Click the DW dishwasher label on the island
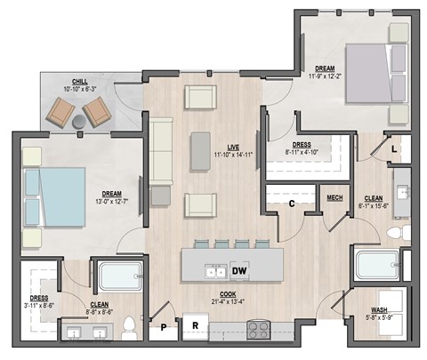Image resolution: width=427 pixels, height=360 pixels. [x=238, y=270]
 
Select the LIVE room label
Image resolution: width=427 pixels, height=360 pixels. [x=232, y=147]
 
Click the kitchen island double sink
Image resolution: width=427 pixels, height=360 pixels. [x=214, y=270]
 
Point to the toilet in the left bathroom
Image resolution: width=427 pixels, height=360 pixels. [x=128, y=323]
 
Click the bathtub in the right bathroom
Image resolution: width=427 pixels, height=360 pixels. [x=378, y=266]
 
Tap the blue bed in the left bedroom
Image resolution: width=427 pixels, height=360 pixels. [x=54, y=197]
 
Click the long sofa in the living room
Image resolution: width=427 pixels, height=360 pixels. [x=160, y=151]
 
